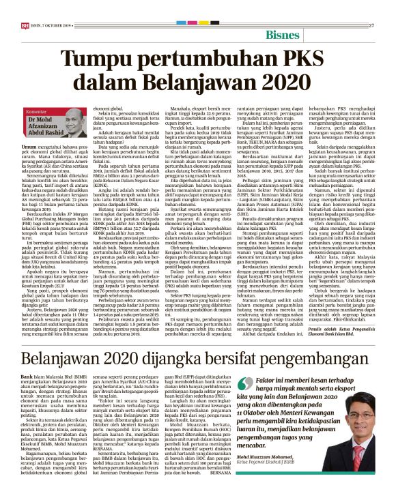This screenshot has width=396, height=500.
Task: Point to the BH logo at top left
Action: [x=25, y=26]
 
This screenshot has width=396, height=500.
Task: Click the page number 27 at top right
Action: [x=371, y=26]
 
